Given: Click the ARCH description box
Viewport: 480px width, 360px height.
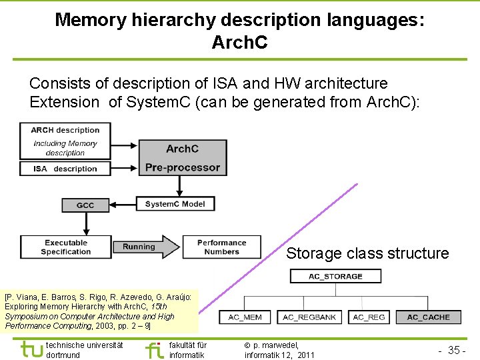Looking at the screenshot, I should pyautogui.click(x=65, y=141).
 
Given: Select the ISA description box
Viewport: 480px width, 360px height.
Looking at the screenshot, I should pyautogui.click(x=65, y=169).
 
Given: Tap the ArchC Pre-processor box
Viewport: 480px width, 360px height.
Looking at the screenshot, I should pyautogui.click(x=183, y=158).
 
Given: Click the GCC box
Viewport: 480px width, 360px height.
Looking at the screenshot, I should pyautogui.click(x=85, y=205).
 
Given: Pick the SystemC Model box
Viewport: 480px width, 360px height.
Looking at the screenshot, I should pyautogui.click(x=175, y=204).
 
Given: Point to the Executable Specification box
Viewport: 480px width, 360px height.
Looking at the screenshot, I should pyautogui.click(x=65, y=247).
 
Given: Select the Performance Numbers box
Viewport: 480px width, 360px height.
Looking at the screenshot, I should pyautogui.click(x=221, y=247).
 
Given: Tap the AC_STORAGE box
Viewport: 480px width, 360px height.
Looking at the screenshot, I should pyautogui.click(x=335, y=276).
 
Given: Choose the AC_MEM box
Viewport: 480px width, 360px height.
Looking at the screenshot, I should pyautogui.click(x=245, y=317).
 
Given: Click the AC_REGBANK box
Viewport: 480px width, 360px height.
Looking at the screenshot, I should pyautogui.click(x=310, y=317).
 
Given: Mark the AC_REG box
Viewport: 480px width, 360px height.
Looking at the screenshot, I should pyautogui.click(x=369, y=317).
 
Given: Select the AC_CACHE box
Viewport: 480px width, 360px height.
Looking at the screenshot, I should pyautogui.click(x=428, y=317).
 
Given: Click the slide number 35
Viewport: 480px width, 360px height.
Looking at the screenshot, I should pyautogui.click(x=455, y=351).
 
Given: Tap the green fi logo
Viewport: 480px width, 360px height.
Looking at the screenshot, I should pyautogui.click(x=154, y=349).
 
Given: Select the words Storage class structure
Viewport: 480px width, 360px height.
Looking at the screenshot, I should pyautogui.click(x=367, y=253).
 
